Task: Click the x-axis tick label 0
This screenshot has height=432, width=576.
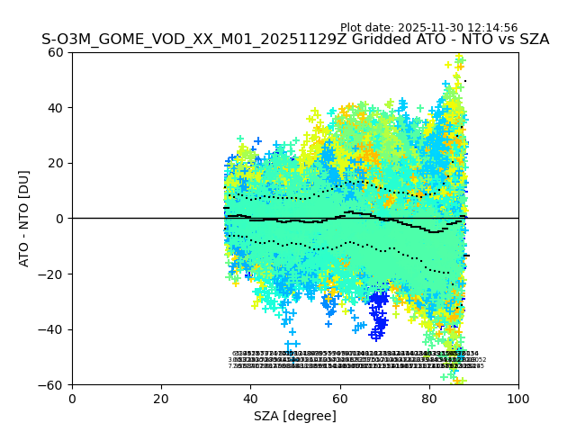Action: coord(72,399)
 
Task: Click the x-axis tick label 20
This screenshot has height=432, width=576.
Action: coord(161,399)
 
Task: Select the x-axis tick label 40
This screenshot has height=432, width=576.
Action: coord(250,399)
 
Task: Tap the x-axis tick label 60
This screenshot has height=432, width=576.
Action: coord(339,399)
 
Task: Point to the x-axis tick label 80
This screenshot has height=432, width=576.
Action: coord(428,399)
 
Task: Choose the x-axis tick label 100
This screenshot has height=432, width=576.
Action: coord(518,399)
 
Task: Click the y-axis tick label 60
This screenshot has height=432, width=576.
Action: coord(57,52)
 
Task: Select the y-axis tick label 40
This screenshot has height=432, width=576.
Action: coord(57,108)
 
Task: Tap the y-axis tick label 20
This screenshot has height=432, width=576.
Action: coord(57,163)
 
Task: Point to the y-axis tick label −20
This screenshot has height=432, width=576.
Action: coord(52,274)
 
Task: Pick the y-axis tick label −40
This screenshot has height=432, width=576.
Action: coord(52,329)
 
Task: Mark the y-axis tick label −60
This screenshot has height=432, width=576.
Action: coord(52,385)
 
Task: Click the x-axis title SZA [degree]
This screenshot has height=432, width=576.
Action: coord(295,416)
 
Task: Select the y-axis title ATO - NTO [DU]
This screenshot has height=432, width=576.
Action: coord(24,219)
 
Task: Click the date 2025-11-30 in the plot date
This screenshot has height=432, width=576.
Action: coord(439,28)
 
